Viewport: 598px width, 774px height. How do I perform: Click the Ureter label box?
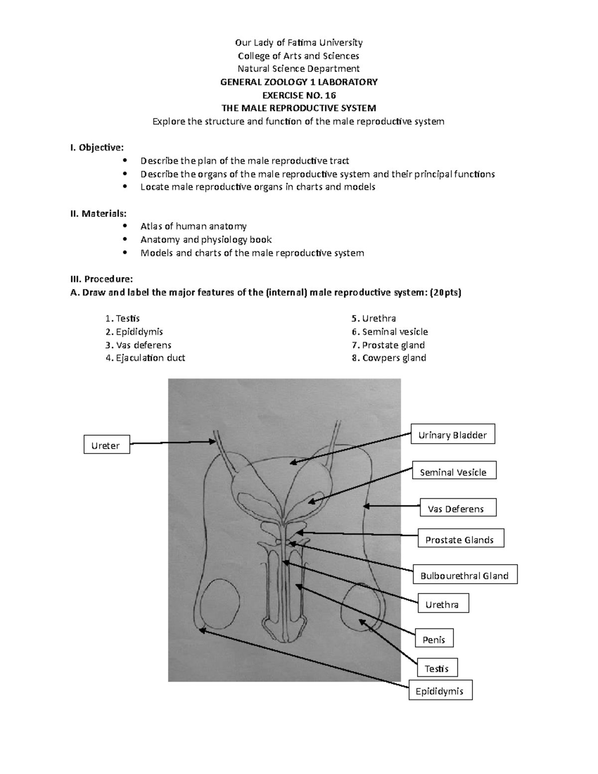click(x=106, y=445)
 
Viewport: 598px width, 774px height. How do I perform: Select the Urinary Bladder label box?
click(x=452, y=434)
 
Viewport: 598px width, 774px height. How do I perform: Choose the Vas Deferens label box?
click(x=455, y=508)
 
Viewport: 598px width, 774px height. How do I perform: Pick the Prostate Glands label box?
click(x=459, y=539)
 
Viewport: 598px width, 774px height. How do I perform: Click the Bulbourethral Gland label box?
click(x=464, y=575)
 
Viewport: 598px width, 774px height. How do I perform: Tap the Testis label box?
click(x=437, y=668)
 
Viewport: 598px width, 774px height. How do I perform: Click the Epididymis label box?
click(x=440, y=690)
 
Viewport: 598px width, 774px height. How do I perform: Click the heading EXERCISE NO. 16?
click(x=299, y=95)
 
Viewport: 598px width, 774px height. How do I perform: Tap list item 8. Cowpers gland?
click(x=389, y=357)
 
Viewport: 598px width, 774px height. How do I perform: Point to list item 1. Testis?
click(x=123, y=318)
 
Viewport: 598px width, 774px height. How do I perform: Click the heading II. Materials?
click(x=98, y=213)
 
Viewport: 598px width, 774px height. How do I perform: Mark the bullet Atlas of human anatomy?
click(x=193, y=226)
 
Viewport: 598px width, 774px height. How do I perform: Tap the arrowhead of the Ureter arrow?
click(x=212, y=441)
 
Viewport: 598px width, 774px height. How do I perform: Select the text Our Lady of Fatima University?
click(x=299, y=42)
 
